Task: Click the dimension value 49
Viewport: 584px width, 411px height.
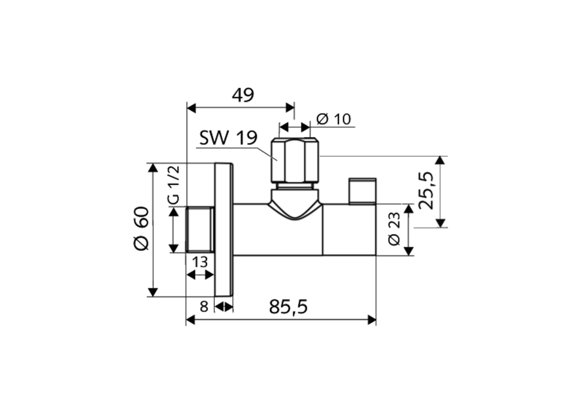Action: [243, 95]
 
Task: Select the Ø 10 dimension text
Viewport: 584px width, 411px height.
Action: [334, 119]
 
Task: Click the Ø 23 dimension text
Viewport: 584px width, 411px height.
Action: [394, 229]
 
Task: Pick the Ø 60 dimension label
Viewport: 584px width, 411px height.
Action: [141, 228]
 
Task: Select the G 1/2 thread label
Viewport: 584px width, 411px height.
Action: [174, 185]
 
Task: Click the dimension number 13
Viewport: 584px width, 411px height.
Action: [199, 262]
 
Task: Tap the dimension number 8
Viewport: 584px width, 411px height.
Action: [204, 306]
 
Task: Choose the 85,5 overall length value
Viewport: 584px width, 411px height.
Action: [288, 307]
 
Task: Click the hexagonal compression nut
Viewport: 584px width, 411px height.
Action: [295, 161]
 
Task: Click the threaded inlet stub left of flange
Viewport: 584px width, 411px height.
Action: [200, 229]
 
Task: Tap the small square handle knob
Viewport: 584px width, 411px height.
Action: [362, 191]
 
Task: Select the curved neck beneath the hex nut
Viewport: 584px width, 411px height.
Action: [295, 204]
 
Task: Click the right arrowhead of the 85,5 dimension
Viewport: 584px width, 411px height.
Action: [372, 320]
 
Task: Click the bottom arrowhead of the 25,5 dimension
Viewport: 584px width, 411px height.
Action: [440, 223]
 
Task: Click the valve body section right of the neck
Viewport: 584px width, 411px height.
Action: [349, 229]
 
